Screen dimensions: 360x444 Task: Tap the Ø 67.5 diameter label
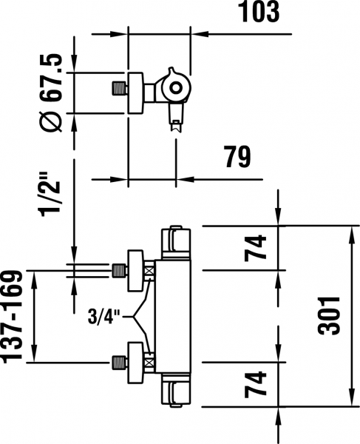51,92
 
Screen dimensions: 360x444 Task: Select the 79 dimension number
238,157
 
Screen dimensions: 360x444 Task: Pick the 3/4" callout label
104,317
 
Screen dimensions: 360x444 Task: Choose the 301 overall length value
329,316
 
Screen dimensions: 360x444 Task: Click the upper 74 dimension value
255,247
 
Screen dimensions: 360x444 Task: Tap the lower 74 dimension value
255,385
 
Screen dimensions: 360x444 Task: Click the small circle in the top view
176,87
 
